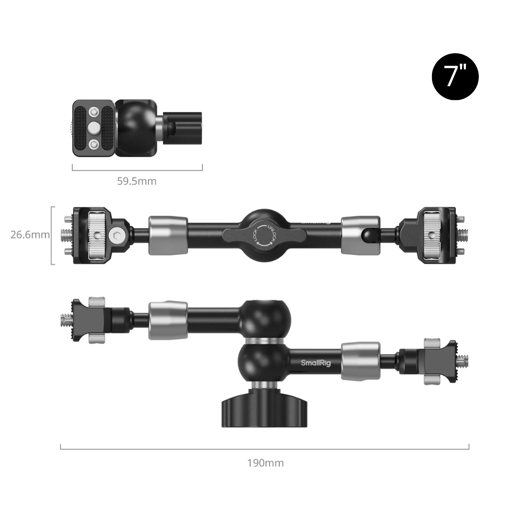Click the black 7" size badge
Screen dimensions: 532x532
point(455,77)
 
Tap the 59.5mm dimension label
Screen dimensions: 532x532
point(137,181)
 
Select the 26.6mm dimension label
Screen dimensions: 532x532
point(30,234)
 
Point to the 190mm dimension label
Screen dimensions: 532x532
point(266,463)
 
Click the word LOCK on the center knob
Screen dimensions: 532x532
point(257,235)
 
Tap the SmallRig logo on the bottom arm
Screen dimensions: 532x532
point(316,363)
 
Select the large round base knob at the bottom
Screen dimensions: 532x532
point(265,409)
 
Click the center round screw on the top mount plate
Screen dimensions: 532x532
point(93,128)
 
